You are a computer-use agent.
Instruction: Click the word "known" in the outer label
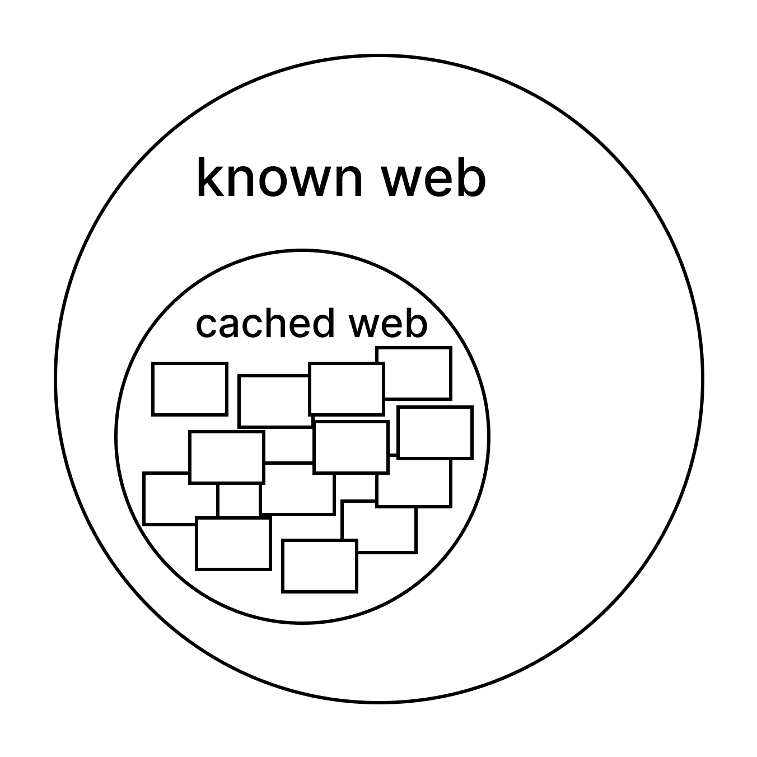pyautogui.click(x=279, y=178)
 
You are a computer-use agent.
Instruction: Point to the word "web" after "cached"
pyautogui.click(x=387, y=323)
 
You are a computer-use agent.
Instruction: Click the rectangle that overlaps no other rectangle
pyautogui.click(x=190, y=389)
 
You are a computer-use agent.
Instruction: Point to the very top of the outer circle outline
pyautogui.click(x=379, y=56)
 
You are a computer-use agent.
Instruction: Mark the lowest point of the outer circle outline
pyautogui.click(x=379, y=702)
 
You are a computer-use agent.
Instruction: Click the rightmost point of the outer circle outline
pyautogui.click(x=702, y=379)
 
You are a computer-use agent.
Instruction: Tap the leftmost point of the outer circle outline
pyautogui.click(x=56, y=379)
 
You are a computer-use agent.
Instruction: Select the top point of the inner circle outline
pyautogui.click(x=302, y=251)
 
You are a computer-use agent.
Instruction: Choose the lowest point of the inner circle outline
pyautogui.click(x=302, y=622)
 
